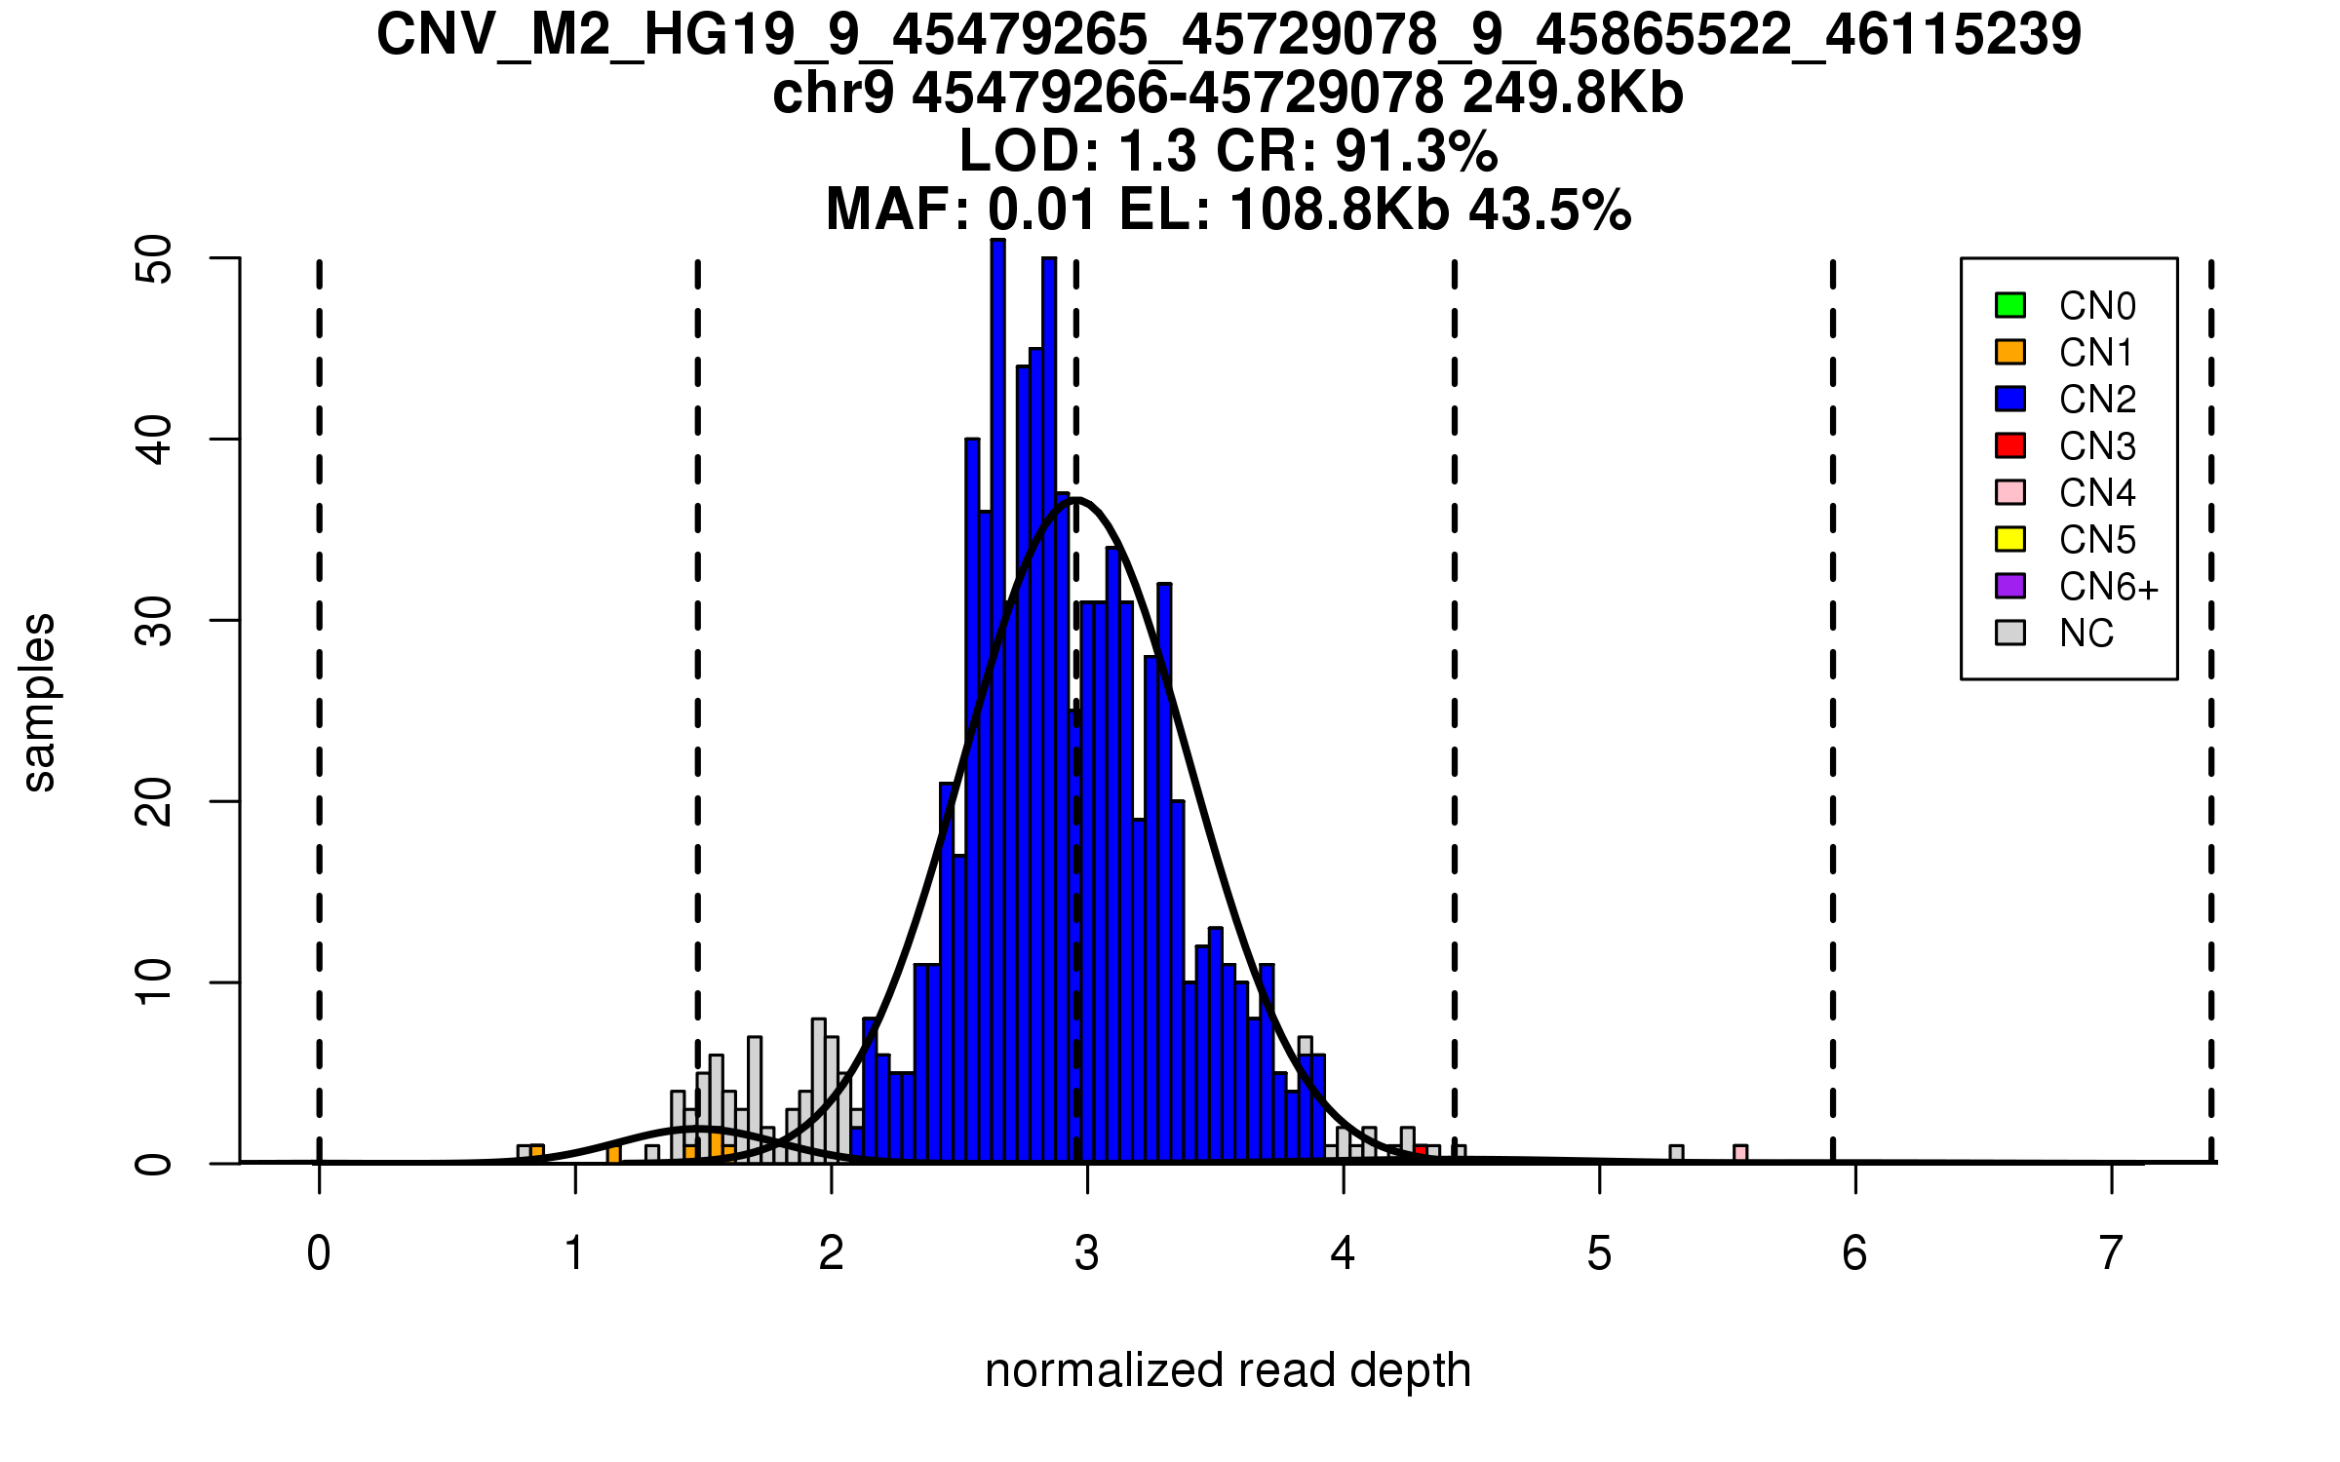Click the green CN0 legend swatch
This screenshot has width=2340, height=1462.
(2010, 305)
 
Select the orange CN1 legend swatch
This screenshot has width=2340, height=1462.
(2010, 352)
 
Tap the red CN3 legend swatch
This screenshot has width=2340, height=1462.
(2010, 445)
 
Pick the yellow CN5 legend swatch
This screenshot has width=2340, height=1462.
(2010, 539)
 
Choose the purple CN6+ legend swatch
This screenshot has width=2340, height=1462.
(2010, 586)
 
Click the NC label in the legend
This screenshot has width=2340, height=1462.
(2086, 634)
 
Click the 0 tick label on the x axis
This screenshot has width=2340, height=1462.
(319, 1253)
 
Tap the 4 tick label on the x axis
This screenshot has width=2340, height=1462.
(1343, 1253)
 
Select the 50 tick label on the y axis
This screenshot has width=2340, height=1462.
(154, 259)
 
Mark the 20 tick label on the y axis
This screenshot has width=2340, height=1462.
(154, 802)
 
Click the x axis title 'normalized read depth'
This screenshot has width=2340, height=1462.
(1228, 1370)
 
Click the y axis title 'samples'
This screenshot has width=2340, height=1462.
(39, 702)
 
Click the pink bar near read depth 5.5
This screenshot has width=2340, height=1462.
(1740, 1154)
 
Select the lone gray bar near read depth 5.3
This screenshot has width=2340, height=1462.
(1676, 1154)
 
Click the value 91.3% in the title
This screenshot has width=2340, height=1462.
(1416, 152)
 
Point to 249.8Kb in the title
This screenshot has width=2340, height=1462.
(1573, 95)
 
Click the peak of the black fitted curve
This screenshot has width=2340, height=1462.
(1075, 500)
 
